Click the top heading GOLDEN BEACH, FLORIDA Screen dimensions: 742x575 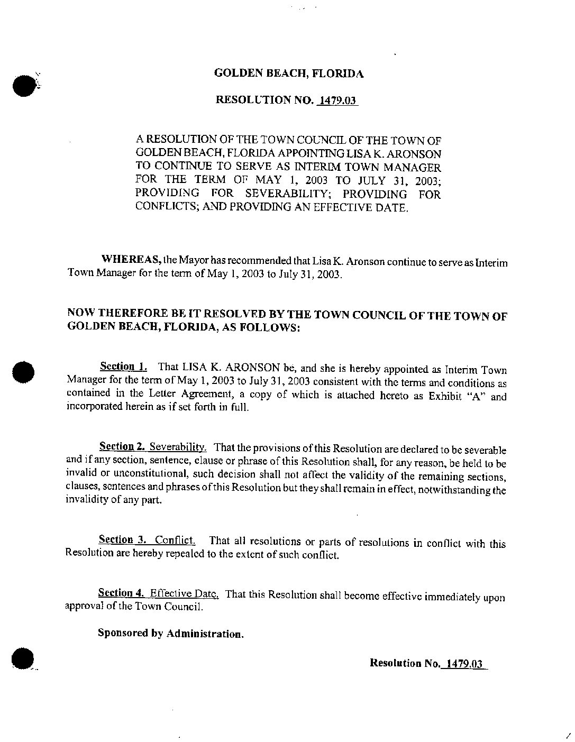click(289, 74)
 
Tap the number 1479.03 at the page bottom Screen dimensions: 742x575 click(464, 663)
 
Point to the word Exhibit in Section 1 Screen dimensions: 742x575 click(444, 396)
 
